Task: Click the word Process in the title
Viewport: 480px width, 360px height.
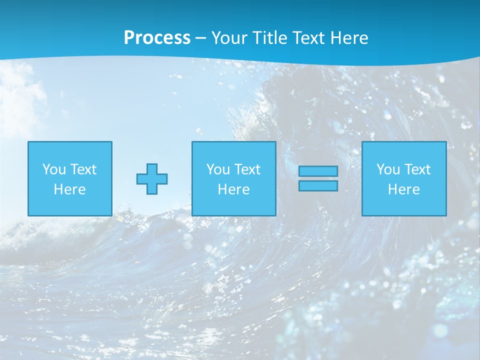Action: tap(157, 38)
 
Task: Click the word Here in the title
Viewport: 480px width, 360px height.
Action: tap(349, 38)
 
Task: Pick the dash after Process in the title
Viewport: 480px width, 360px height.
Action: tap(200, 38)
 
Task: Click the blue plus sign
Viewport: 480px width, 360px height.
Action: tap(152, 179)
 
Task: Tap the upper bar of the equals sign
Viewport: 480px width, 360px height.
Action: tap(318, 171)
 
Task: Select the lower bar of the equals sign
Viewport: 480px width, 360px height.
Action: tap(318, 185)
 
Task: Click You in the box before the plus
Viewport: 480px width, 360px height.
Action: tap(54, 169)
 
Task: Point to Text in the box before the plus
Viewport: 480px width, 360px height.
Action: tap(83, 169)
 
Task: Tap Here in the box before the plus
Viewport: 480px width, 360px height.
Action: tap(69, 189)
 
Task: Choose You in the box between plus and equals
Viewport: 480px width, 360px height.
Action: tap(218, 169)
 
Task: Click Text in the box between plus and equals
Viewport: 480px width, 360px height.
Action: tap(247, 169)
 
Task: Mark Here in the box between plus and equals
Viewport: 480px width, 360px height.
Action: tap(233, 189)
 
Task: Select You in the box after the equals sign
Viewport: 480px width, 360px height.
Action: tap(388, 169)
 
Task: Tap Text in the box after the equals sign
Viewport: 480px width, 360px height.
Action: tap(417, 169)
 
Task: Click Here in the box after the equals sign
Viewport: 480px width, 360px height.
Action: tap(403, 189)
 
